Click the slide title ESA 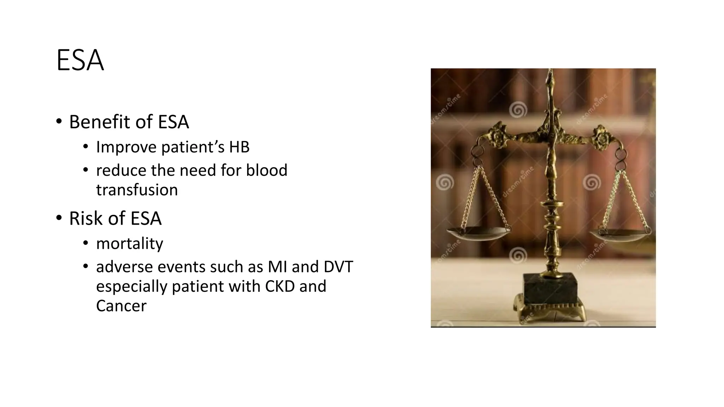point(80,61)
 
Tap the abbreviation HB point(239,147)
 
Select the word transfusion point(137,190)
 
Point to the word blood point(267,170)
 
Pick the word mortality point(129,243)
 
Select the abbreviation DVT point(338,267)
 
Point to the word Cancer point(121,306)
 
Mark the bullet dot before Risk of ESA point(59,218)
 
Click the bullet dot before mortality point(85,243)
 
